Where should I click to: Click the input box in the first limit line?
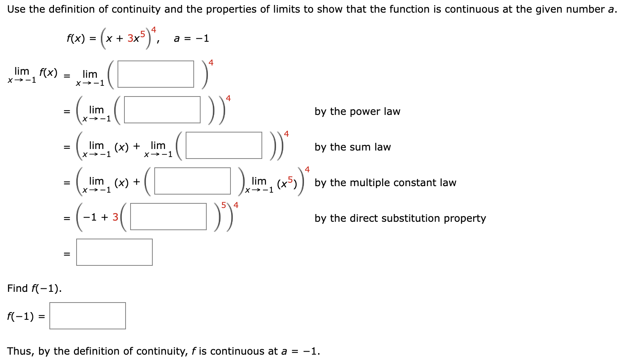pos(155,74)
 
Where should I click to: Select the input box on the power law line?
pos(162,110)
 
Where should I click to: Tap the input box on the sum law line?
pos(224,146)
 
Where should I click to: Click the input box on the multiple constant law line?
pos(192,181)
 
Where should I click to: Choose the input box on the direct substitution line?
pos(168,217)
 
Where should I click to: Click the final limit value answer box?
pos(114,252)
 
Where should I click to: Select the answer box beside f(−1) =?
pos(87,316)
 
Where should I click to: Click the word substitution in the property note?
pos(411,218)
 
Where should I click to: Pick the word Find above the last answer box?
pos(18,288)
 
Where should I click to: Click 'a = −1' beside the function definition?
pos(191,38)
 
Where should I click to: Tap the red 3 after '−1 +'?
pos(115,217)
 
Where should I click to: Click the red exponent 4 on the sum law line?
pos(286,134)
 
